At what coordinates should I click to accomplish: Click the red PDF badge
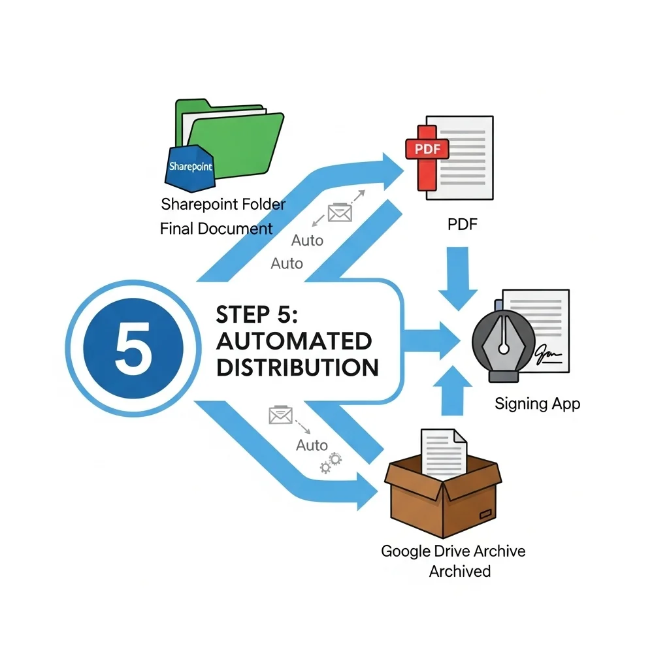(x=428, y=148)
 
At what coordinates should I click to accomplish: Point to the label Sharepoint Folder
(x=223, y=204)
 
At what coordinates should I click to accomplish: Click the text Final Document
(x=216, y=229)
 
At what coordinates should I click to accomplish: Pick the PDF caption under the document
(x=463, y=225)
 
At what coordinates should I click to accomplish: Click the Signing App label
(x=537, y=403)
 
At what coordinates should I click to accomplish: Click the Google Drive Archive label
(x=453, y=551)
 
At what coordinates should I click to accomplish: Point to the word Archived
(x=459, y=571)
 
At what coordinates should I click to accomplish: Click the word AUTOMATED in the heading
(x=293, y=341)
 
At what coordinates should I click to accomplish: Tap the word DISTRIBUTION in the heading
(x=297, y=367)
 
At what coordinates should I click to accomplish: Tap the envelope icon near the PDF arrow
(x=339, y=212)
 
